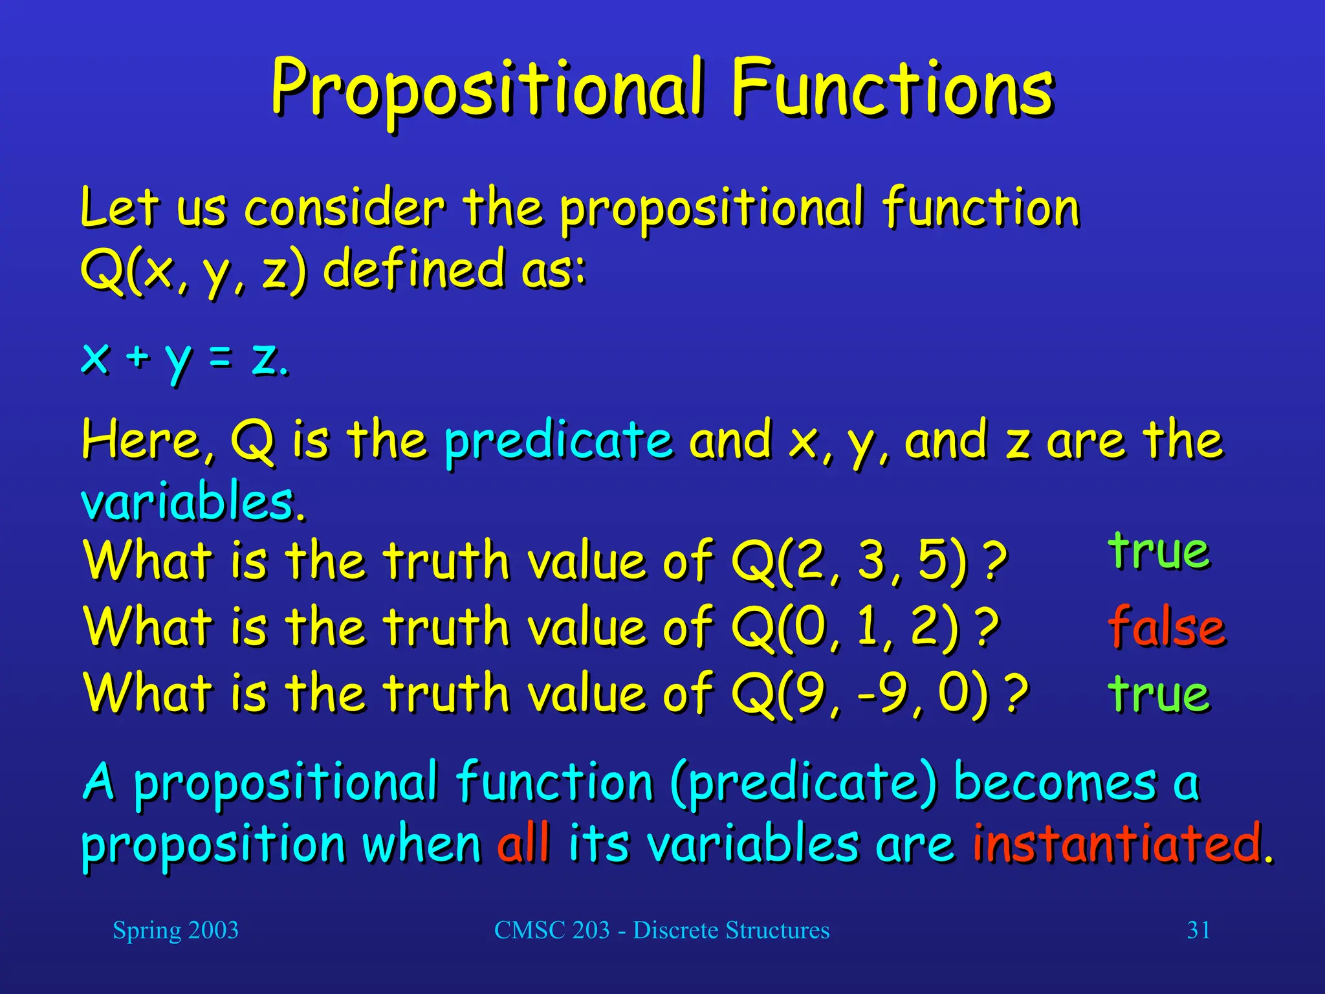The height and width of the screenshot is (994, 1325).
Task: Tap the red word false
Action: pos(1166,626)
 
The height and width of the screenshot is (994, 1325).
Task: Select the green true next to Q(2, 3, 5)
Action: pos(1159,551)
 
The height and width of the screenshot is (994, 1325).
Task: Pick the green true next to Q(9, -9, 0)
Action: pos(1159,694)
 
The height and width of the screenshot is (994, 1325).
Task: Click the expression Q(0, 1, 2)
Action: pos(845,627)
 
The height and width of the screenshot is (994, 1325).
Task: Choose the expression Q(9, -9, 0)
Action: pos(860,694)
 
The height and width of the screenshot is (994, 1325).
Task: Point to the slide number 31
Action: pos(1198,930)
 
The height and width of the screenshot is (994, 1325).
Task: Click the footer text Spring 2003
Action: pos(175,930)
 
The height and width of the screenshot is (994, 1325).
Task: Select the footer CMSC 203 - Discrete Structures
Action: pos(662,930)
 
